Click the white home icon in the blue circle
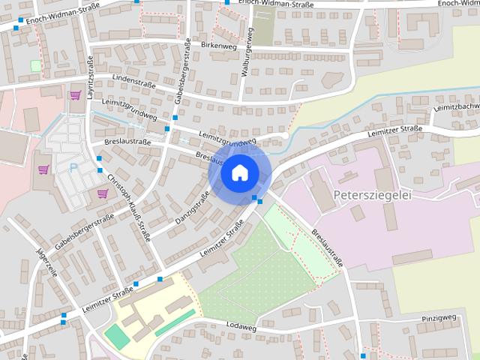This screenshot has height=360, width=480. [238, 173]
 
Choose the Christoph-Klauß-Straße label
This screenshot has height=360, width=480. [129, 205]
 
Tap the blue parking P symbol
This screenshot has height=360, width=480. [73, 167]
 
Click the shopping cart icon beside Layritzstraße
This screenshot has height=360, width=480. [75, 95]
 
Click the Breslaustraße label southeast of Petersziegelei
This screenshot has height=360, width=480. [328, 244]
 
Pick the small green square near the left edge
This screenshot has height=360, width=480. [35, 65]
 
